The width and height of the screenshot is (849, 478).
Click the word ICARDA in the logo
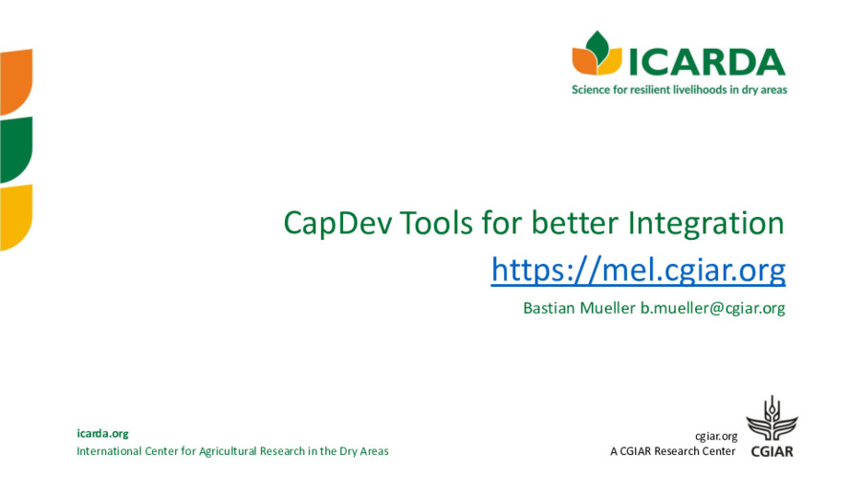(707, 60)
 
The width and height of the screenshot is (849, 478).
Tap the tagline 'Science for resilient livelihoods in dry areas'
(679, 89)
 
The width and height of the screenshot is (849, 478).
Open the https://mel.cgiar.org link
(638, 271)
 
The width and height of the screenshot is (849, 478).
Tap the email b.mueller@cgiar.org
(712, 308)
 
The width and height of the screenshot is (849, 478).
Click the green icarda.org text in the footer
(102, 433)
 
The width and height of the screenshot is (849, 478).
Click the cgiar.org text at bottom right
(716, 435)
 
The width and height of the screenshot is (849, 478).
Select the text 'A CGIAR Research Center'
(672, 451)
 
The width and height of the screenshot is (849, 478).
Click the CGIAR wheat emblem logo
(770, 419)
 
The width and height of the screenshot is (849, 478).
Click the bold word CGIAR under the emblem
(771, 451)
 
